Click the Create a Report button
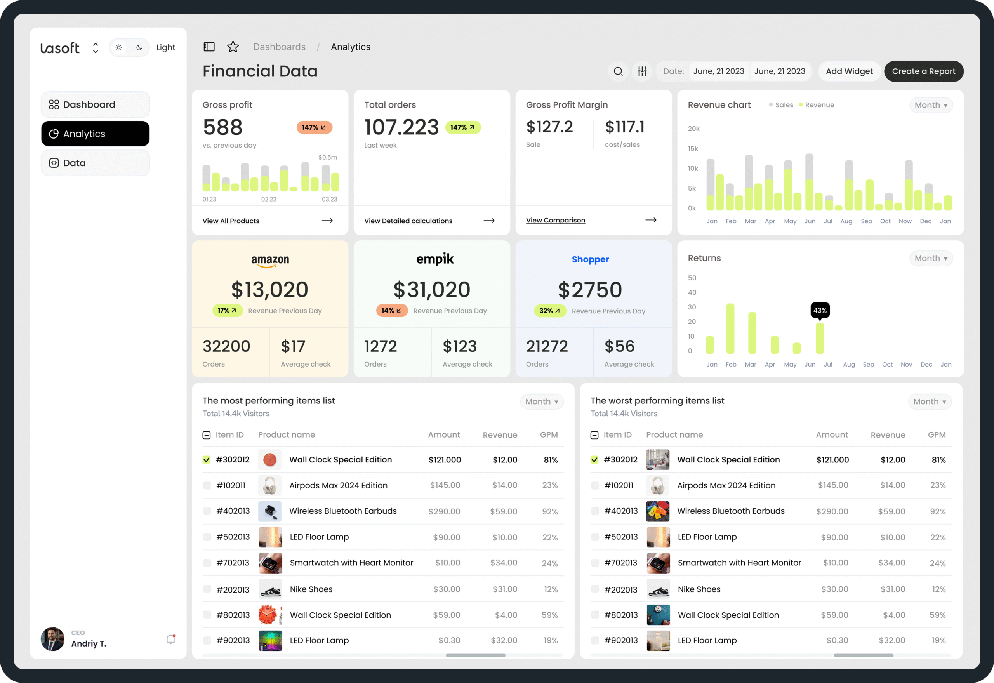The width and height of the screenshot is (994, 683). pos(923,71)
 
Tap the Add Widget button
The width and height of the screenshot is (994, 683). pos(849,71)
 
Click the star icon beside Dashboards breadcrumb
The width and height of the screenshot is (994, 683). pos(233,47)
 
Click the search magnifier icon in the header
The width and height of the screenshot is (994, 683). pos(618,71)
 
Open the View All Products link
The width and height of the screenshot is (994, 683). pos(231,221)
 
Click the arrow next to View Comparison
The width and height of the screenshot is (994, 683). pos(650,220)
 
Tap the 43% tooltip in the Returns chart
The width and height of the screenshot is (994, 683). pos(819,310)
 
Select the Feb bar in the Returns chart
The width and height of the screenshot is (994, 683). pos(730,328)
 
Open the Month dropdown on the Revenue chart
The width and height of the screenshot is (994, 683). pos(931,105)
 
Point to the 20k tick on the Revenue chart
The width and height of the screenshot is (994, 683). pos(693,129)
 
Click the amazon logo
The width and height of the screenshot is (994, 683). pos(270,261)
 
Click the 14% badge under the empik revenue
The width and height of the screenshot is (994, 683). pos(391,311)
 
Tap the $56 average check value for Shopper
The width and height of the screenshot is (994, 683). pos(619,346)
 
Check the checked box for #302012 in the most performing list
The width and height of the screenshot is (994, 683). pos(207,460)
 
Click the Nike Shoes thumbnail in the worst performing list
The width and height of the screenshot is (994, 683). pos(658,589)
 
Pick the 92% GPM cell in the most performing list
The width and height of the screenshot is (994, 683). pos(549,511)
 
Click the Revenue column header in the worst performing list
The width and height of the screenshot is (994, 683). pos(888,435)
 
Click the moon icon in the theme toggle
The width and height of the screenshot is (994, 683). pos(139,47)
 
